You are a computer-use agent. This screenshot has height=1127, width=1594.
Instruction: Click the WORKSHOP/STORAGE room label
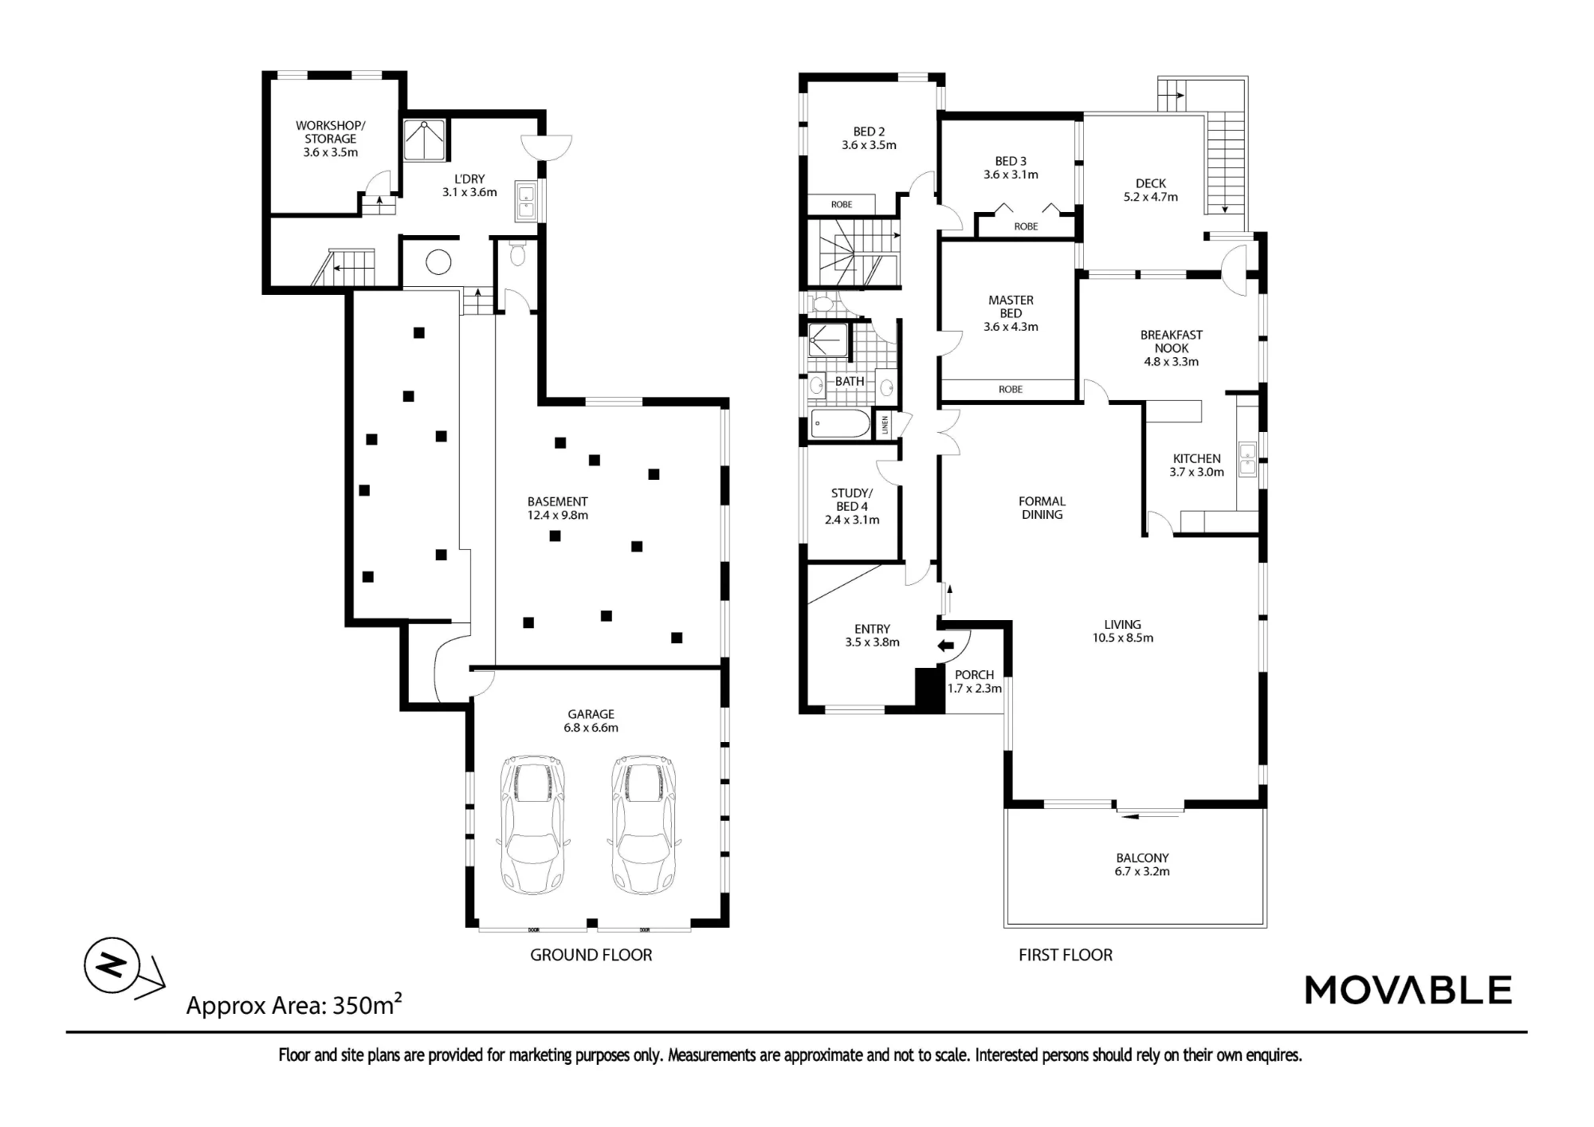tap(331, 139)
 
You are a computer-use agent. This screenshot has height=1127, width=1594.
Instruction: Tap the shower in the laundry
tap(424, 139)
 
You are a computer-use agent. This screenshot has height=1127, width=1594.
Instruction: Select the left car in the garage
tap(532, 825)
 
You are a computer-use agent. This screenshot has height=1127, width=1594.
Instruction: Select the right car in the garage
tap(644, 825)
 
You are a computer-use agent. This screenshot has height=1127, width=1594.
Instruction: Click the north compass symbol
tap(112, 965)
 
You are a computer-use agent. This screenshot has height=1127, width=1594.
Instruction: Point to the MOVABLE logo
tap(1408, 990)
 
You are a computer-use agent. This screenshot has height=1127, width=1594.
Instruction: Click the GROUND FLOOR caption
tap(591, 955)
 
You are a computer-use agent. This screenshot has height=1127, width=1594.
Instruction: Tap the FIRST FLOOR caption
tap(1066, 955)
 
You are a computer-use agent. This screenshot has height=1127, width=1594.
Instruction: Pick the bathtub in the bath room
tap(841, 424)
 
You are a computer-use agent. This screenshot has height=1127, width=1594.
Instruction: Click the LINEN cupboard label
tap(885, 425)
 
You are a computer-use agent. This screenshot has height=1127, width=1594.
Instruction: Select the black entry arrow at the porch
tap(946, 646)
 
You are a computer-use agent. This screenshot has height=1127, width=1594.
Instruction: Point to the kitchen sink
tap(1247, 460)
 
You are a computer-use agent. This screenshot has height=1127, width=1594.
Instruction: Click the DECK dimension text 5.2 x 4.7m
tap(1151, 197)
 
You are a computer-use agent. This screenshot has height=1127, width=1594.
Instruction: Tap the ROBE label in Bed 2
tap(842, 205)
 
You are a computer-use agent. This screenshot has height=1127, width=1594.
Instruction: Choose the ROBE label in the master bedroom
tap(1011, 390)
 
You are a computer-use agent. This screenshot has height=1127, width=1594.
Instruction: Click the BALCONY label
tap(1143, 858)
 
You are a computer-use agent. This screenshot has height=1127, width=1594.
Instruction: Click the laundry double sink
tap(527, 201)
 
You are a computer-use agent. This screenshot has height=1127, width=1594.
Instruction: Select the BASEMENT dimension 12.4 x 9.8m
tap(558, 515)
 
